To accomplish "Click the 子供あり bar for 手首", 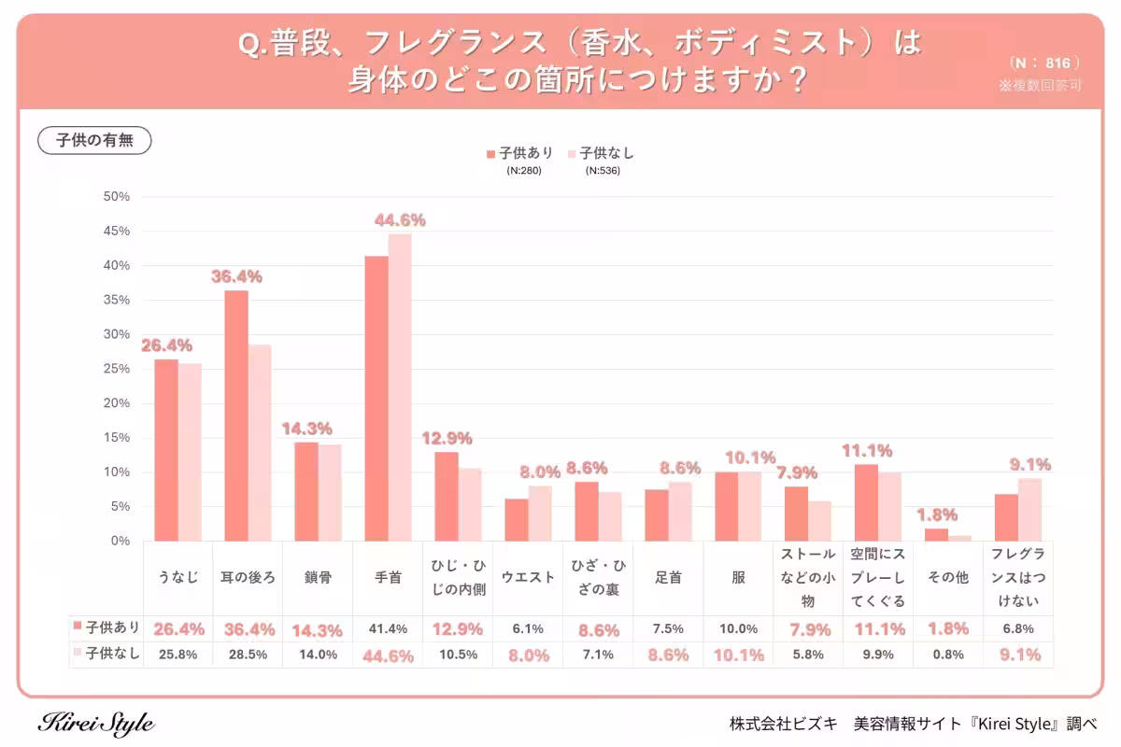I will (376, 399).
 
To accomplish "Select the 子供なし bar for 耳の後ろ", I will (260, 443).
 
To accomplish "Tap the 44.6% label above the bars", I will (400, 220).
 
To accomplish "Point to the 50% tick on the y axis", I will (117, 197).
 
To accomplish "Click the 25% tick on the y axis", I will (117, 369).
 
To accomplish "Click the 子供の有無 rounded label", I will (94, 141).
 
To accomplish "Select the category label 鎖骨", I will (318, 578).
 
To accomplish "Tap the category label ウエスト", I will (528, 578).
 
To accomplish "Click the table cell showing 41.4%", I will (388, 628).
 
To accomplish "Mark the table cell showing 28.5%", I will (248, 655).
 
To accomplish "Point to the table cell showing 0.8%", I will (948, 655).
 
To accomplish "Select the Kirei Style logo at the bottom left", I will (96, 724).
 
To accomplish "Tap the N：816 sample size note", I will (1045, 63).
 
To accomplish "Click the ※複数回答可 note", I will (1040, 85).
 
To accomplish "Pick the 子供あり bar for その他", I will (936, 535).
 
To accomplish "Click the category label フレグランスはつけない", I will (1018, 578).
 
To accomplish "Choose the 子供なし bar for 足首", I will (680, 512).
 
